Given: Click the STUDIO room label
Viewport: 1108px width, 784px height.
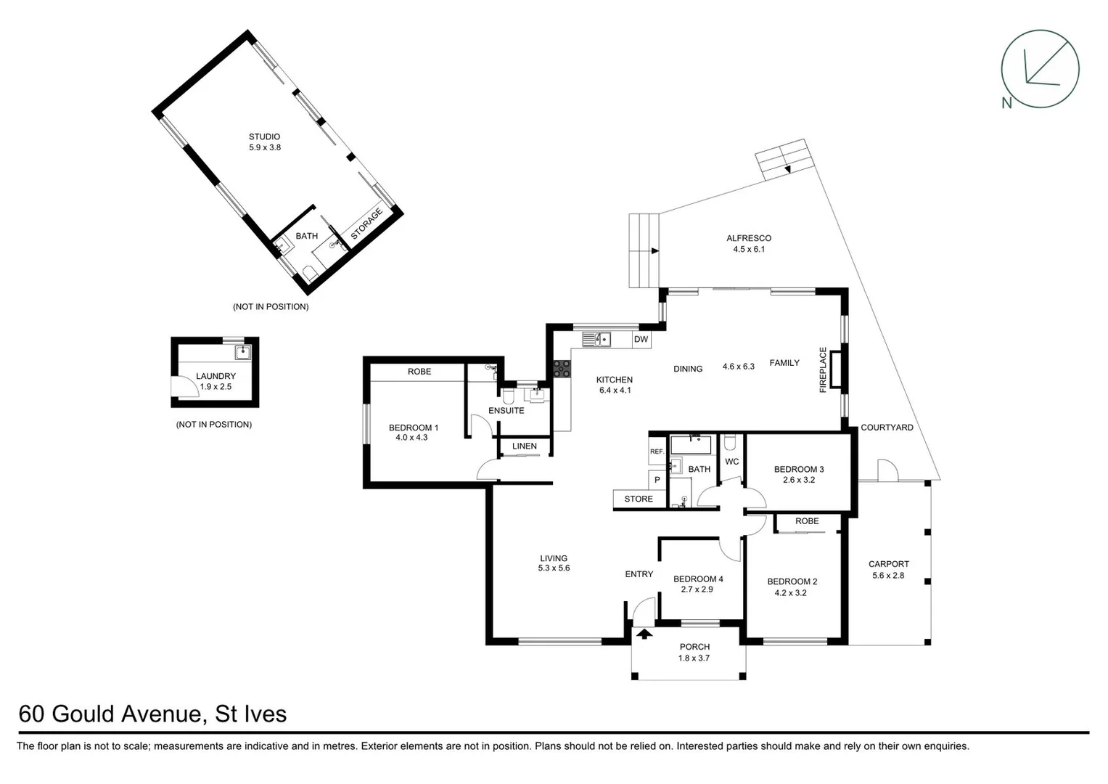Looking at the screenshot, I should pos(264,136).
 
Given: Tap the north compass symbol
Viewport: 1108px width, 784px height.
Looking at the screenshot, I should pos(1039,70).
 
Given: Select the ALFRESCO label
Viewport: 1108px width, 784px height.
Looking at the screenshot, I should pos(749,238).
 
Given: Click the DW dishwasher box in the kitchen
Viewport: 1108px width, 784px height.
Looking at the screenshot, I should pos(641,339).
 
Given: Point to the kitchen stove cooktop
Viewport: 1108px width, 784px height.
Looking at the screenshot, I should pos(562,369).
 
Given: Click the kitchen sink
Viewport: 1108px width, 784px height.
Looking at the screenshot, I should pos(596,339).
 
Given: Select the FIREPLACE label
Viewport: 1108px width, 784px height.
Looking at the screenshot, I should pos(823,370).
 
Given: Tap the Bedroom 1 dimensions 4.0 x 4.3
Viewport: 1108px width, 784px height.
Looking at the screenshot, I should pos(411,438).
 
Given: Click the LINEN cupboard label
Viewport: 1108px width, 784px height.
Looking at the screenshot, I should pos(525,446).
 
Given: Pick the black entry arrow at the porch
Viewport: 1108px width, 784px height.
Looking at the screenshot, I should pos(644,634).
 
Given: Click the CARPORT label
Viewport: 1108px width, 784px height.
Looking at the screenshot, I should pos(889,564).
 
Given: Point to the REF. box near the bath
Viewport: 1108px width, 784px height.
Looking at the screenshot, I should pos(657,452).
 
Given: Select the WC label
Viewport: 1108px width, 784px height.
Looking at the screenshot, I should pos(731,462).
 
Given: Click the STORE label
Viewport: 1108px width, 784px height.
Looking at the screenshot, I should pos(639,499).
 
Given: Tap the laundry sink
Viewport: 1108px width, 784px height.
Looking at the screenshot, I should pos(242,353).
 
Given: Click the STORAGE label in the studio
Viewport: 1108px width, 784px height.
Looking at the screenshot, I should pos(366,225).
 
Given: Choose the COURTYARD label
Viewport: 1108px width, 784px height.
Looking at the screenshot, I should pos(887,428).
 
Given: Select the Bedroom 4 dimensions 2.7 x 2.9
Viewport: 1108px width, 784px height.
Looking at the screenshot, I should pos(697,589).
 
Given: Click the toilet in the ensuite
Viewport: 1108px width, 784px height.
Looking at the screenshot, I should pos(508,396).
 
